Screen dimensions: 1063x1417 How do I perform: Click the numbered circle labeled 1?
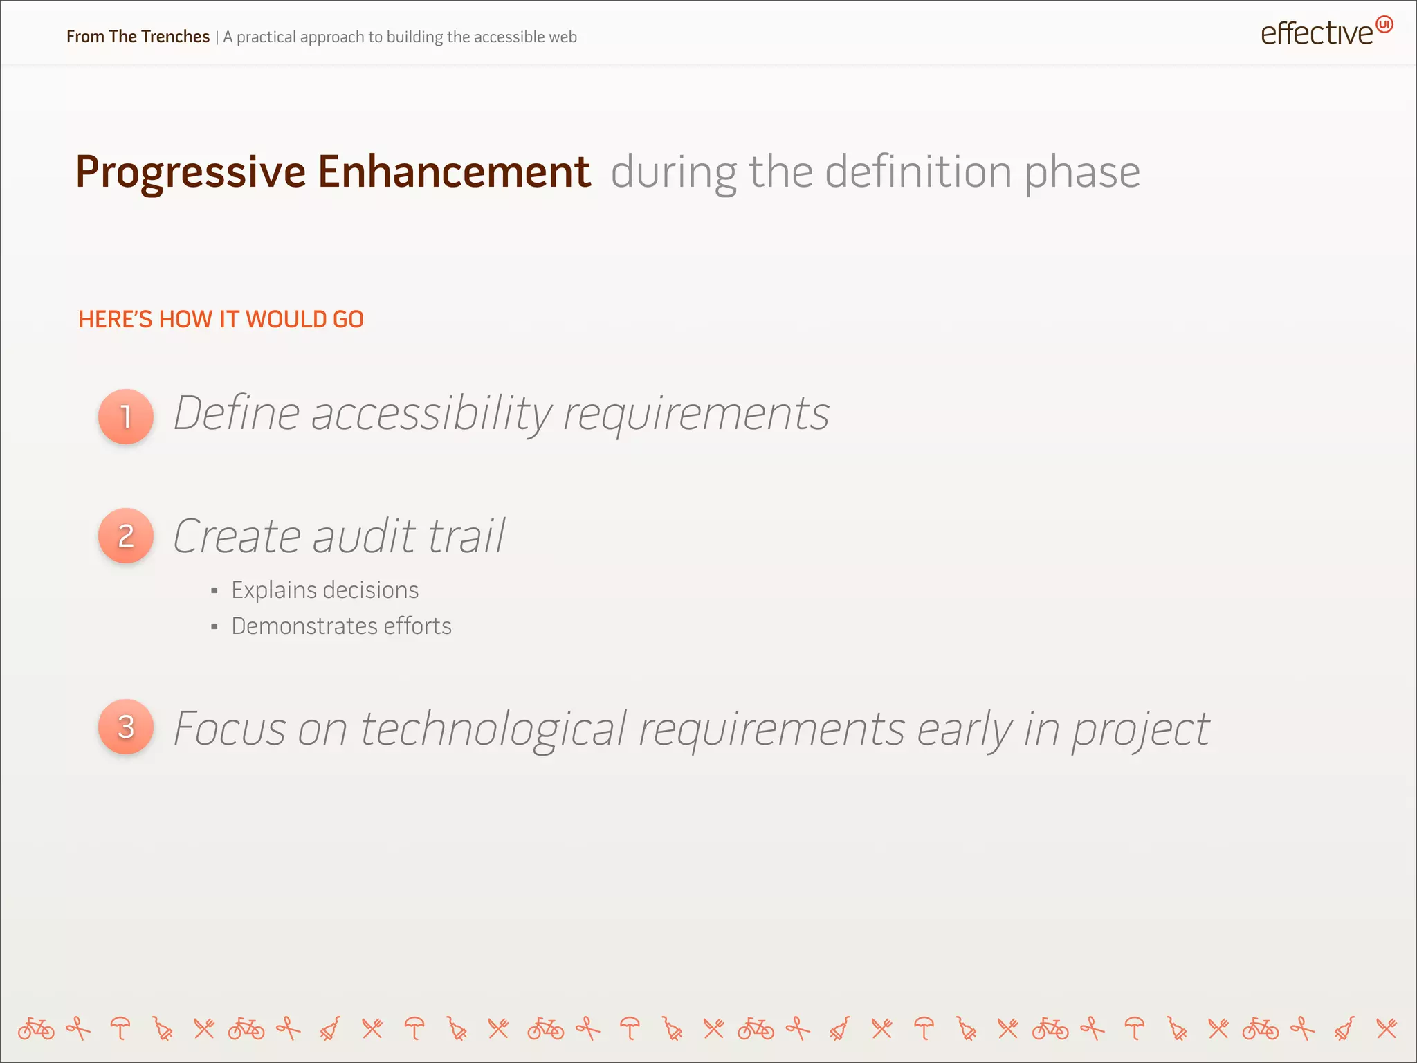126,416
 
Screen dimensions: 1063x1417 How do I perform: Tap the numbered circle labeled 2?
126,536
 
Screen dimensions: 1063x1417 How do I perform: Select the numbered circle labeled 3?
126,727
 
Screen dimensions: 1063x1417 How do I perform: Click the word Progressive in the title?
190,172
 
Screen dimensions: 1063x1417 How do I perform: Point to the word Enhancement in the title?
454,172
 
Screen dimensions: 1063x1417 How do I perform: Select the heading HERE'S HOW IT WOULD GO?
221,319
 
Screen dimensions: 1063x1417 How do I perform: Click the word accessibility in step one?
431,414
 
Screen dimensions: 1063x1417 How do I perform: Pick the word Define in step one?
236,413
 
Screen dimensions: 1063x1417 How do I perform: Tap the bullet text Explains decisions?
324,590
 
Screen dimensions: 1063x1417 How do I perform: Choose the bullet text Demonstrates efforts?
341,626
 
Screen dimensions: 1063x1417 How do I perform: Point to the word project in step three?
1140,730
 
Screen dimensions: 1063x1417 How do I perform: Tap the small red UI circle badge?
1384,24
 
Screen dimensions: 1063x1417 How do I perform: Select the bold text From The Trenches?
138,37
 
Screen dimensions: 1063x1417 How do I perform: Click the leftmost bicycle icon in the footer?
36,1029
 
